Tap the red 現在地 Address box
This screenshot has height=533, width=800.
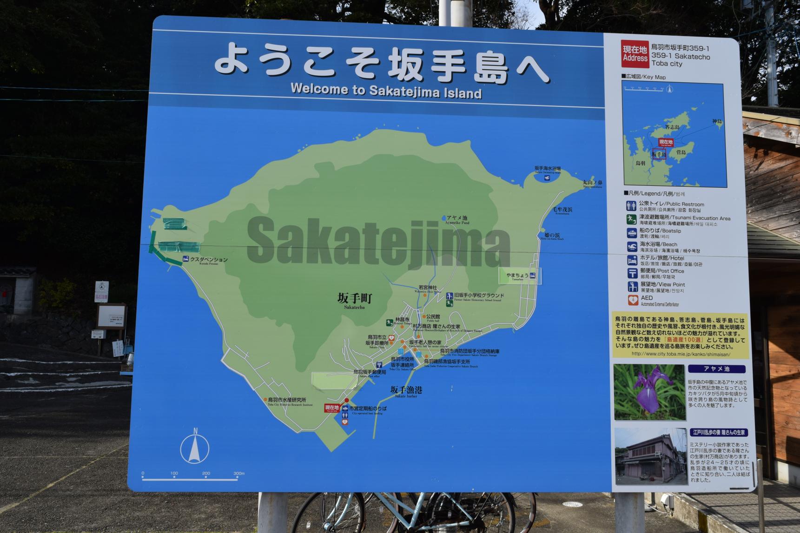635,54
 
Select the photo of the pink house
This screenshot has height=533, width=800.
650,456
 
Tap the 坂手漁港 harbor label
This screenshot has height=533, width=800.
406,391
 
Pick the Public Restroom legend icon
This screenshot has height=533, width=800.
631,205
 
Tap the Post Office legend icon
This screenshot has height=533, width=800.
632,273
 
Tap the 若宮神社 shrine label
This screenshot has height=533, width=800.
428,289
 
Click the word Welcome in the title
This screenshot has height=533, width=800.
321,89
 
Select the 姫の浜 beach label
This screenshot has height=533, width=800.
552,236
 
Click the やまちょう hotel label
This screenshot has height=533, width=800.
517,276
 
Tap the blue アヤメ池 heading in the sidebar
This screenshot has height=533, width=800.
716,369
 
